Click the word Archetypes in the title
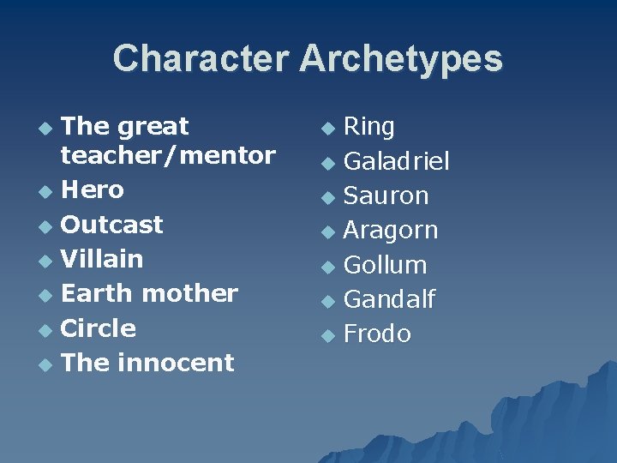[400, 59]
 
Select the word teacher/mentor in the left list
[168, 155]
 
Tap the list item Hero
[93, 189]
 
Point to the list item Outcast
[112, 225]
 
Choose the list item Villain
[102, 259]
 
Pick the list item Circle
[99, 328]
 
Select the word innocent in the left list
[176, 363]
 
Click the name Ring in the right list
[368, 127]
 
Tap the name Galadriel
[396, 161]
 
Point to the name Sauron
[386, 195]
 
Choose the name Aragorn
[390, 231]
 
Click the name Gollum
[385, 265]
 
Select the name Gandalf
[389, 299]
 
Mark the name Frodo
[377, 334]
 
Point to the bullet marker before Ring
[326, 129]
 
